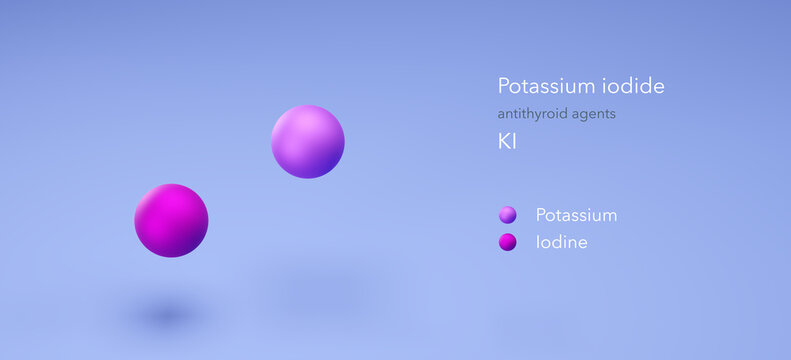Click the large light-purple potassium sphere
(x=308, y=142)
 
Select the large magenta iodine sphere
(x=171, y=220)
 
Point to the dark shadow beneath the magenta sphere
(x=165, y=315)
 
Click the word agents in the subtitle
(x=594, y=114)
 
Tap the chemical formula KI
(x=507, y=141)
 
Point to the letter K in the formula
(x=504, y=141)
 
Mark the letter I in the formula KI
(x=514, y=141)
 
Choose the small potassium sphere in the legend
(x=508, y=214)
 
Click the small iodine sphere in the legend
(x=508, y=241)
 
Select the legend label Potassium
(x=576, y=215)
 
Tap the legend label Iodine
(x=561, y=242)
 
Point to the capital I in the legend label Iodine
(x=538, y=242)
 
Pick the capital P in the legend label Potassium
(x=541, y=215)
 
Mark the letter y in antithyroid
(x=540, y=115)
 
